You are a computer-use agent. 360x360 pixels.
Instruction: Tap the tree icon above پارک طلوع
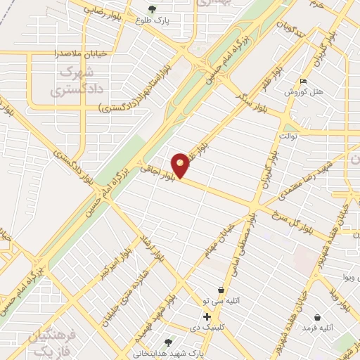click(x=153, y=9)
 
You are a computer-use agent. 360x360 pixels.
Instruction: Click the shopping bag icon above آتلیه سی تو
click(x=221, y=289)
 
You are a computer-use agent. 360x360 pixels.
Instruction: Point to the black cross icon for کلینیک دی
click(x=207, y=316)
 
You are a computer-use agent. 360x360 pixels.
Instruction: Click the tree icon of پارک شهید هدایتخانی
click(x=168, y=342)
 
